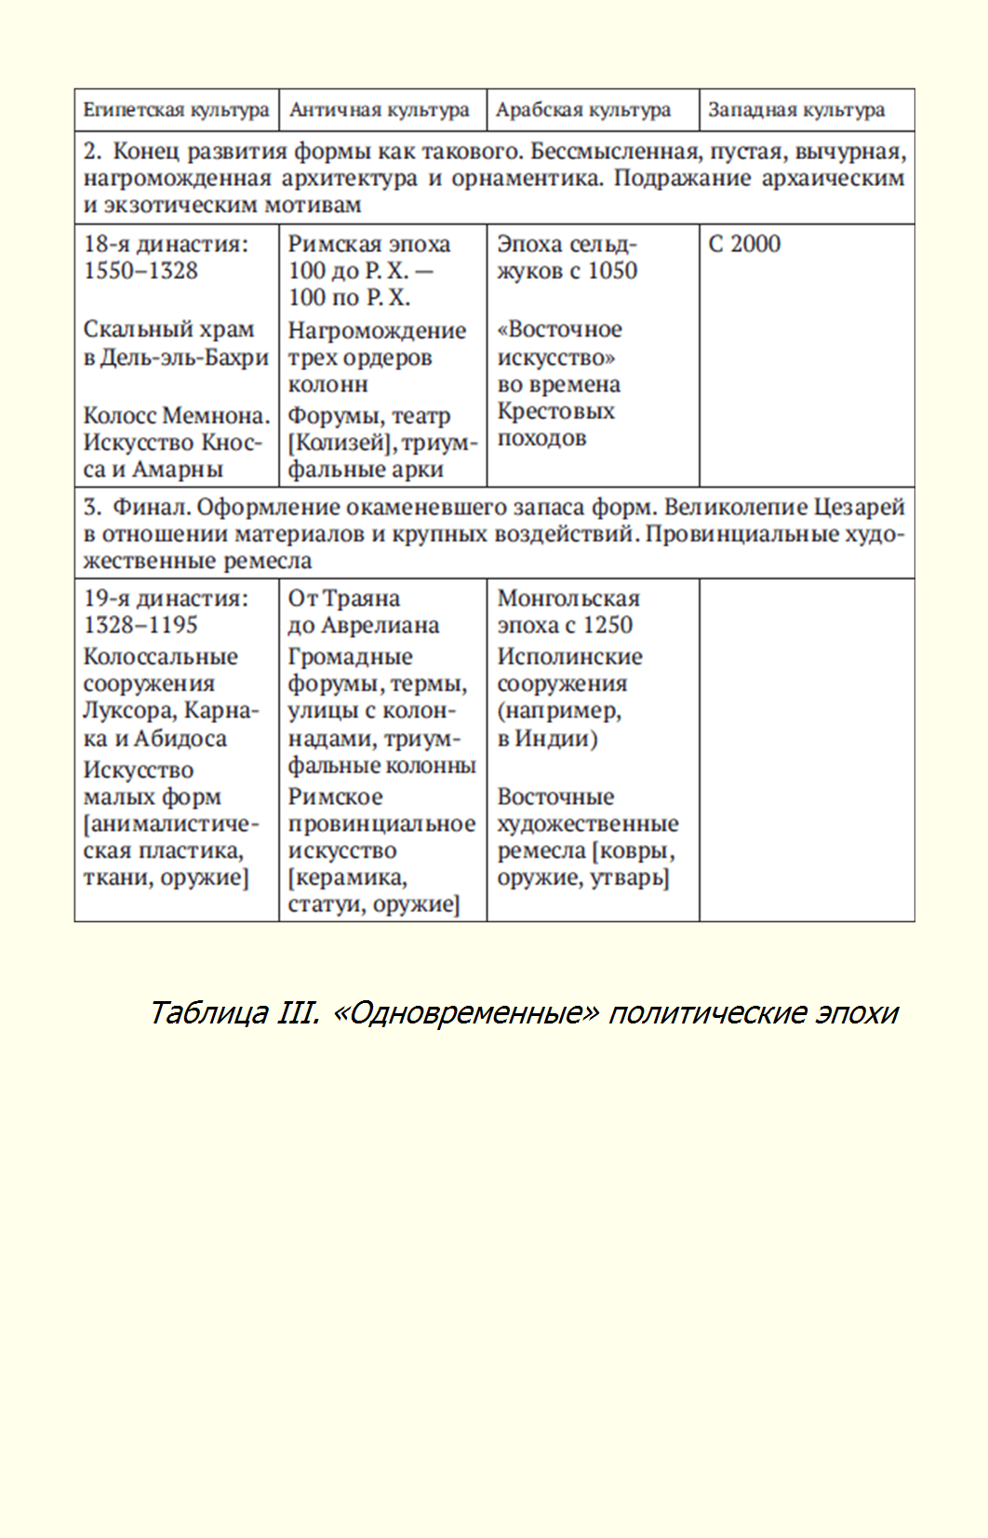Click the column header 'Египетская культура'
pos(176,110)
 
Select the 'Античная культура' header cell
pos(380,110)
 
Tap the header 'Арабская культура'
pos(583,110)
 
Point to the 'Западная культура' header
pos(796,110)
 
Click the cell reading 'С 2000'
pos(744,244)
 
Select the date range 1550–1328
pos(141,271)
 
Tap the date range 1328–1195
pos(141,624)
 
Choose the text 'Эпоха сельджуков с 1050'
pos(567,258)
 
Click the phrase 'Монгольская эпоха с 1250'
pos(567,611)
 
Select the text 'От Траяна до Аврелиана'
pos(363,611)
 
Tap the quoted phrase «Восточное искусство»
pos(559,343)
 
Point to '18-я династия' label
pos(166,244)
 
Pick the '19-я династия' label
pos(166,597)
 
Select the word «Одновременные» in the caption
pos(465,1011)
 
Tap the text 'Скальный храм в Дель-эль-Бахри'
pos(176,343)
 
